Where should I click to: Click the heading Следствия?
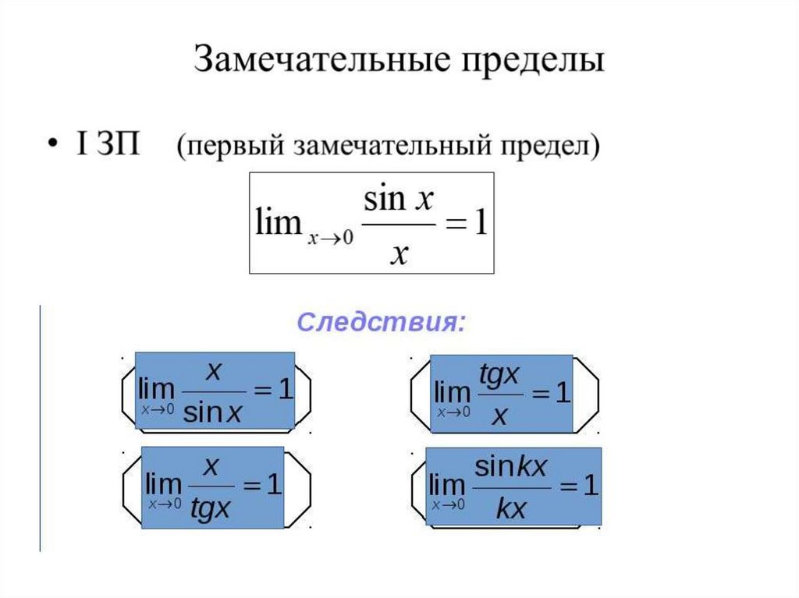tap(382, 322)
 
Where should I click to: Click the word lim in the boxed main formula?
tap(279, 225)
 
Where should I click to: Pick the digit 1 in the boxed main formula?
tap(479, 225)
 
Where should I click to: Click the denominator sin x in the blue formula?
tap(213, 412)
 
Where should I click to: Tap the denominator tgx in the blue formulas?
tap(211, 509)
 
